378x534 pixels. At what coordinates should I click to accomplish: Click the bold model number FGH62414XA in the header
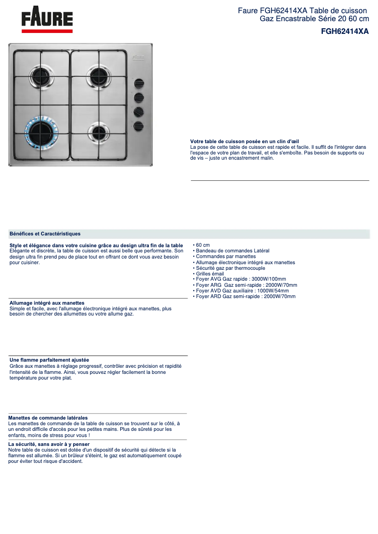345,32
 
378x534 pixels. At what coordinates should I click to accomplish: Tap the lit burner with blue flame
41,129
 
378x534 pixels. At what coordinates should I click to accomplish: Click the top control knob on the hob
139,84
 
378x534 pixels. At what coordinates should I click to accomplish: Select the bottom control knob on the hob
139,126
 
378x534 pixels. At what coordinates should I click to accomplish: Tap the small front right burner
99,130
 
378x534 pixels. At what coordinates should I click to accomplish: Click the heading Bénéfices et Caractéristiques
45,234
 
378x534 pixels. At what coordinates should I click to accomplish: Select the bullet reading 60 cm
203,245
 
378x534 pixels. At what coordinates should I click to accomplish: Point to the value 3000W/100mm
269,279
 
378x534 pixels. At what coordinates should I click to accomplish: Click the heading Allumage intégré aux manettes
47,303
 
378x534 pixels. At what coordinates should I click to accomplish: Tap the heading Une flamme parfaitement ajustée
49,360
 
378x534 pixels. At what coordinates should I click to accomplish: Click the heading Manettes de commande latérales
48,418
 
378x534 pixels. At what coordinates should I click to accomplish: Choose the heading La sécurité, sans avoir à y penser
49,444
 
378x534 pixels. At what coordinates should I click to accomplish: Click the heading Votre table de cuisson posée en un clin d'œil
245,141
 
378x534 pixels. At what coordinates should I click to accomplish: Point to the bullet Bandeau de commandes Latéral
232,251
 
